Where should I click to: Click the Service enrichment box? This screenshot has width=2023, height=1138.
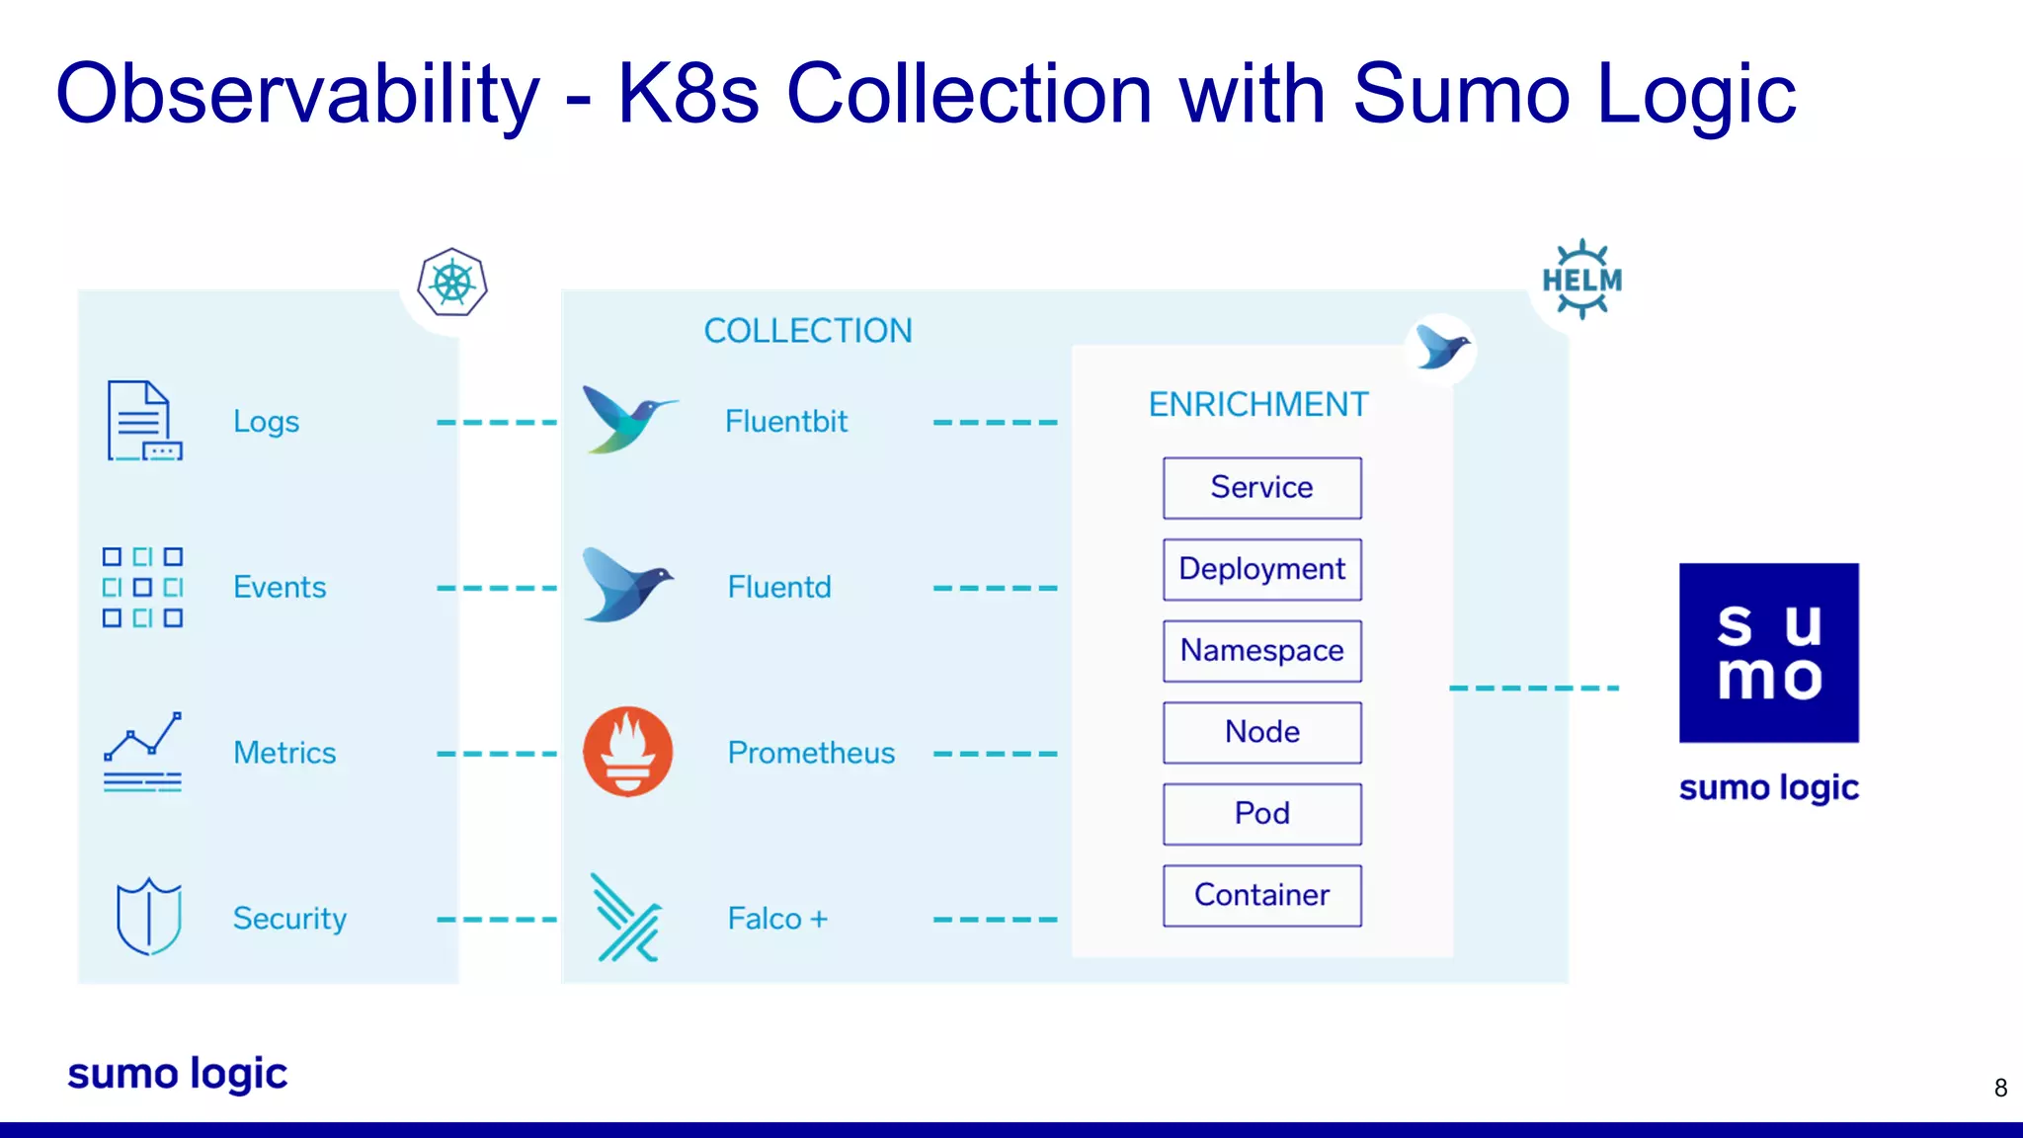click(1261, 488)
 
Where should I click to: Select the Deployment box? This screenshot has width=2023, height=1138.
click(1261, 570)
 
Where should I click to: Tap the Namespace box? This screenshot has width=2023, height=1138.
click(1261, 651)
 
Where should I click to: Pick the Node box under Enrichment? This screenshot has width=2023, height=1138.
click(1261, 733)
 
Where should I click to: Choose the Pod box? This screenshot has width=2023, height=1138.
click(1261, 814)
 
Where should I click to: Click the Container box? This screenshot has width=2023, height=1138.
click(1261, 896)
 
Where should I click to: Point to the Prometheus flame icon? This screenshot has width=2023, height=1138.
click(628, 752)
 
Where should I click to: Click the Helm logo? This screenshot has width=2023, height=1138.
click(1581, 280)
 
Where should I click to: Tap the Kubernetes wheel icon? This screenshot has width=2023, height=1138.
click(452, 283)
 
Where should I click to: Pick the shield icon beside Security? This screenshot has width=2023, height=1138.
click(148, 917)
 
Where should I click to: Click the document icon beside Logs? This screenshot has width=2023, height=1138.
click(143, 421)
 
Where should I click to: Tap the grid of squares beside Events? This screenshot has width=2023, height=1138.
click(142, 588)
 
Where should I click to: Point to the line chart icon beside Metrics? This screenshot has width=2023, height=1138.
click(142, 752)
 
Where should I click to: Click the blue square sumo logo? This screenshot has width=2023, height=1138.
click(1768, 653)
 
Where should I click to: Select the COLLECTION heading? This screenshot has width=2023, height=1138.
click(807, 331)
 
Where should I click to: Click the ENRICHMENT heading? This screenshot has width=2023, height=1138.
click(1257, 405)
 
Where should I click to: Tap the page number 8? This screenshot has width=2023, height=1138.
click(2000, 1088)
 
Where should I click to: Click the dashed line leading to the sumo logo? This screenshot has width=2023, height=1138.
click(1533, 688)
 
